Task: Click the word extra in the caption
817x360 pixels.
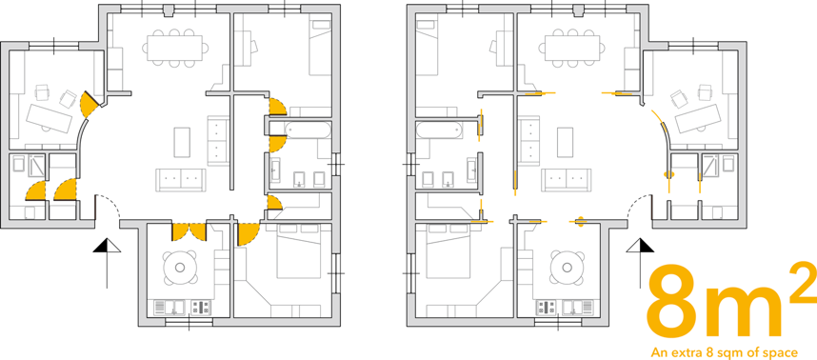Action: [x=694, y=351]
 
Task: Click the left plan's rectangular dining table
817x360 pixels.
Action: [x=174, y=48]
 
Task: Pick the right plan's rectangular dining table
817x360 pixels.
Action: [x=571, y=48]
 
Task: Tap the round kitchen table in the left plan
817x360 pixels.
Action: [x=180, y=268]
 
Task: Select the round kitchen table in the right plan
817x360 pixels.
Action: [x=567, y=268]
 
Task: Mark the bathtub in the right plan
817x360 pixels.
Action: [x=439, y=130]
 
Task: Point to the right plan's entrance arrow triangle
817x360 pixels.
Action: [x=640, y=246]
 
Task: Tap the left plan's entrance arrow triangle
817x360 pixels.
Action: [x=107, y=246]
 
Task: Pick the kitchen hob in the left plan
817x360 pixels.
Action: [x=201, y=308]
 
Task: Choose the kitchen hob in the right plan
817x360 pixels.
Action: [x=546, y=308]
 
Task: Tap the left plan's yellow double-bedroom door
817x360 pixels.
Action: [x=247, y=234]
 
